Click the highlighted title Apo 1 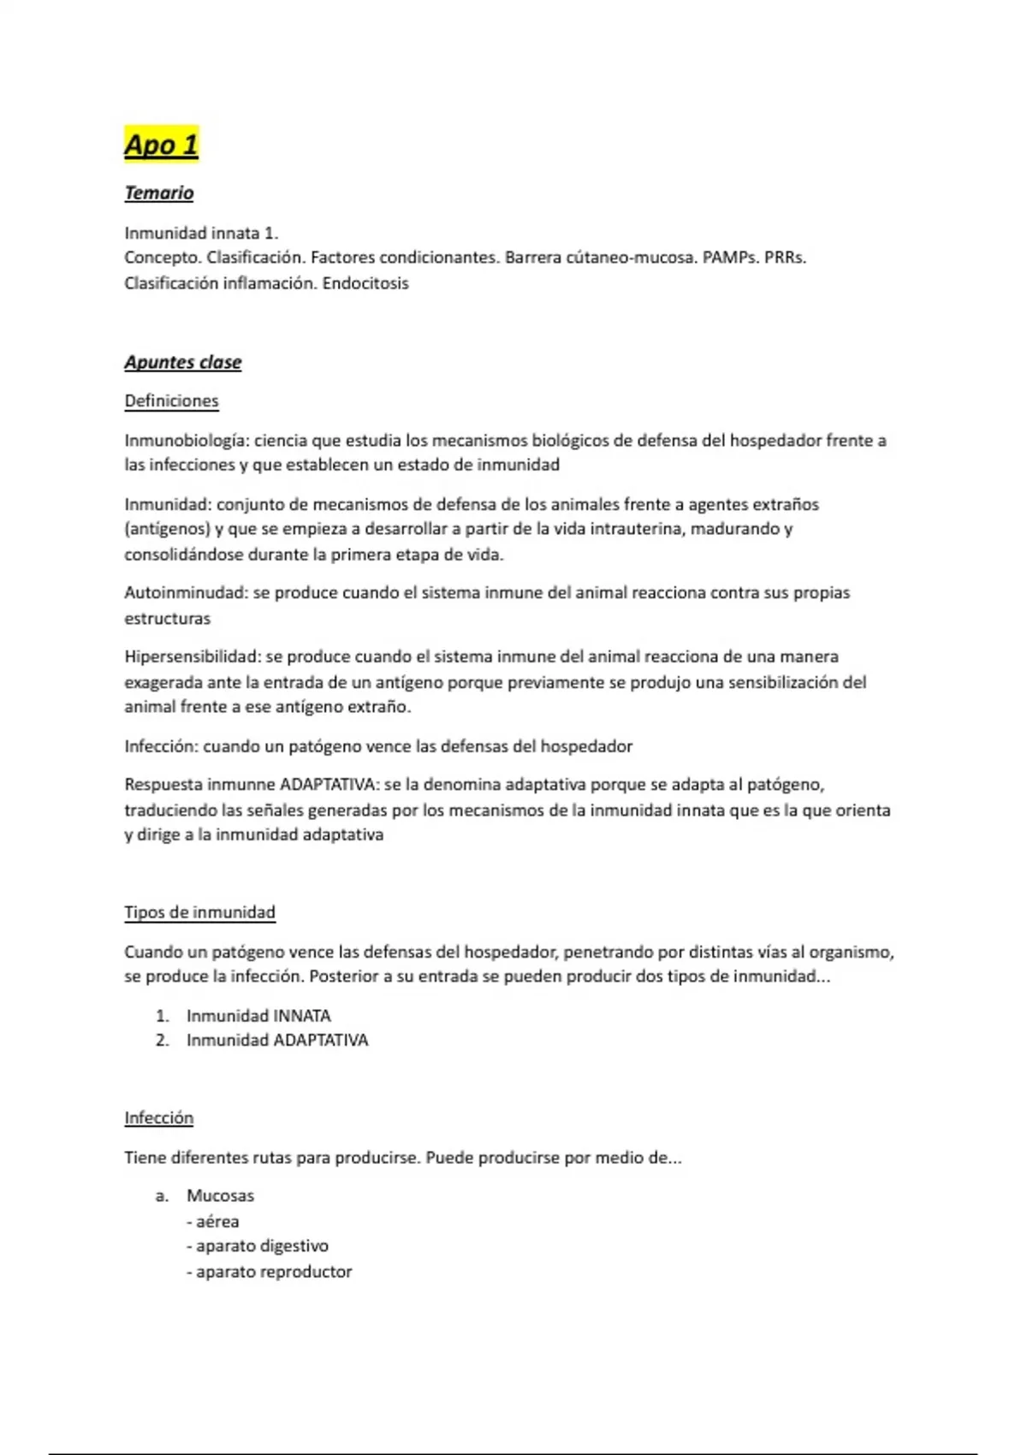161,145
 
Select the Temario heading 159,193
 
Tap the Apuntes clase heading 183,363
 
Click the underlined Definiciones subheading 171,401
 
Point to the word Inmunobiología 186,441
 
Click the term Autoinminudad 185,593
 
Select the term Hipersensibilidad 192,657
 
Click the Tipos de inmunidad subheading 199,912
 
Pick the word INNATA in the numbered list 301,1016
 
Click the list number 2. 162,1041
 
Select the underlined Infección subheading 159,1119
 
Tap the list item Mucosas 220,1196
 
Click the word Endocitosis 365,283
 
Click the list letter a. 162,1196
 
